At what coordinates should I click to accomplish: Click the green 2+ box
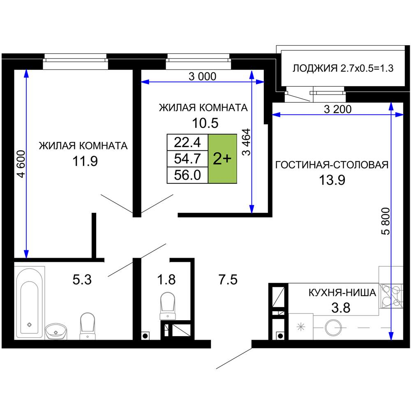tap(222, 159)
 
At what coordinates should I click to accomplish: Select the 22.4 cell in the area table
tap(187, 143)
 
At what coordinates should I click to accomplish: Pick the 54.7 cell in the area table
tap(187, 159)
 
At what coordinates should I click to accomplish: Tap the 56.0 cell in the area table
tap(187, 175)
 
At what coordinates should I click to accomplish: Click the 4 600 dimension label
tap(21, 164)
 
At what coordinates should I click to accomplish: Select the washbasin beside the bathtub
tap(55, 331)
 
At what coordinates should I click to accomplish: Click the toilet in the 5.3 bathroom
tap(87, 326)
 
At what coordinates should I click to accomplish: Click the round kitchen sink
tap(333, 328)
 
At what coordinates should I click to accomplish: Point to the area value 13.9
tap(332, 180)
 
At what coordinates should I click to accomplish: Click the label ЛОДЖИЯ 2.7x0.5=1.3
tap(343, 68)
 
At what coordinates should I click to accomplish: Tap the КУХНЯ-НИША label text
tap(342, 293)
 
